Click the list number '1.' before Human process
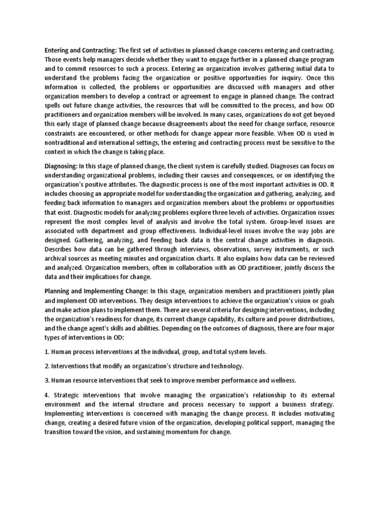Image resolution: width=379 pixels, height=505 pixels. pyautogui.click(x=47, y=352)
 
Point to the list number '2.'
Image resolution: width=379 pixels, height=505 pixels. pyautogui.click(x=47, y=366)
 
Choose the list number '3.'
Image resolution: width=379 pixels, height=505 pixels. pyautogui.click(x=47, y=381)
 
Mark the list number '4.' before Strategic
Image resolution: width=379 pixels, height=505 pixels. pyautogui.click(x=47, y=396)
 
